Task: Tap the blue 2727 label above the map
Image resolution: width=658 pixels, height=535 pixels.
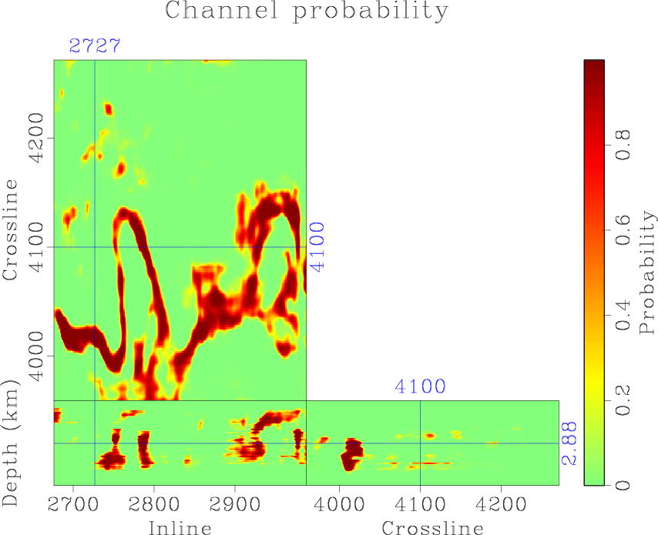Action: point(94,45)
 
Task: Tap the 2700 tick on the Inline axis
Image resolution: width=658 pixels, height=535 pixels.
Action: point(73,501)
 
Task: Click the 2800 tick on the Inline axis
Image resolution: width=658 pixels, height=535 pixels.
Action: point(154,501)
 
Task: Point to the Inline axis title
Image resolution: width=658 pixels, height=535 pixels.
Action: point(180,527)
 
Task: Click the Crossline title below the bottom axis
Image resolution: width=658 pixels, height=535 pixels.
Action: point(432,527)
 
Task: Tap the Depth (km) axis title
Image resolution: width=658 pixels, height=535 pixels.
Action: point(11,443)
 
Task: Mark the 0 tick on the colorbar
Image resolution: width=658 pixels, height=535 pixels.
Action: point(625,485)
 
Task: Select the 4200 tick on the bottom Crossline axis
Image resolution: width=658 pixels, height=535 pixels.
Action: point(501,501)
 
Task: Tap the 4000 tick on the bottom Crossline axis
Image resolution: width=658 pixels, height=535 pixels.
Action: point(339,501)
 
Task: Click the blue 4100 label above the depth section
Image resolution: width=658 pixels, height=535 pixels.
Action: point(420,386)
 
